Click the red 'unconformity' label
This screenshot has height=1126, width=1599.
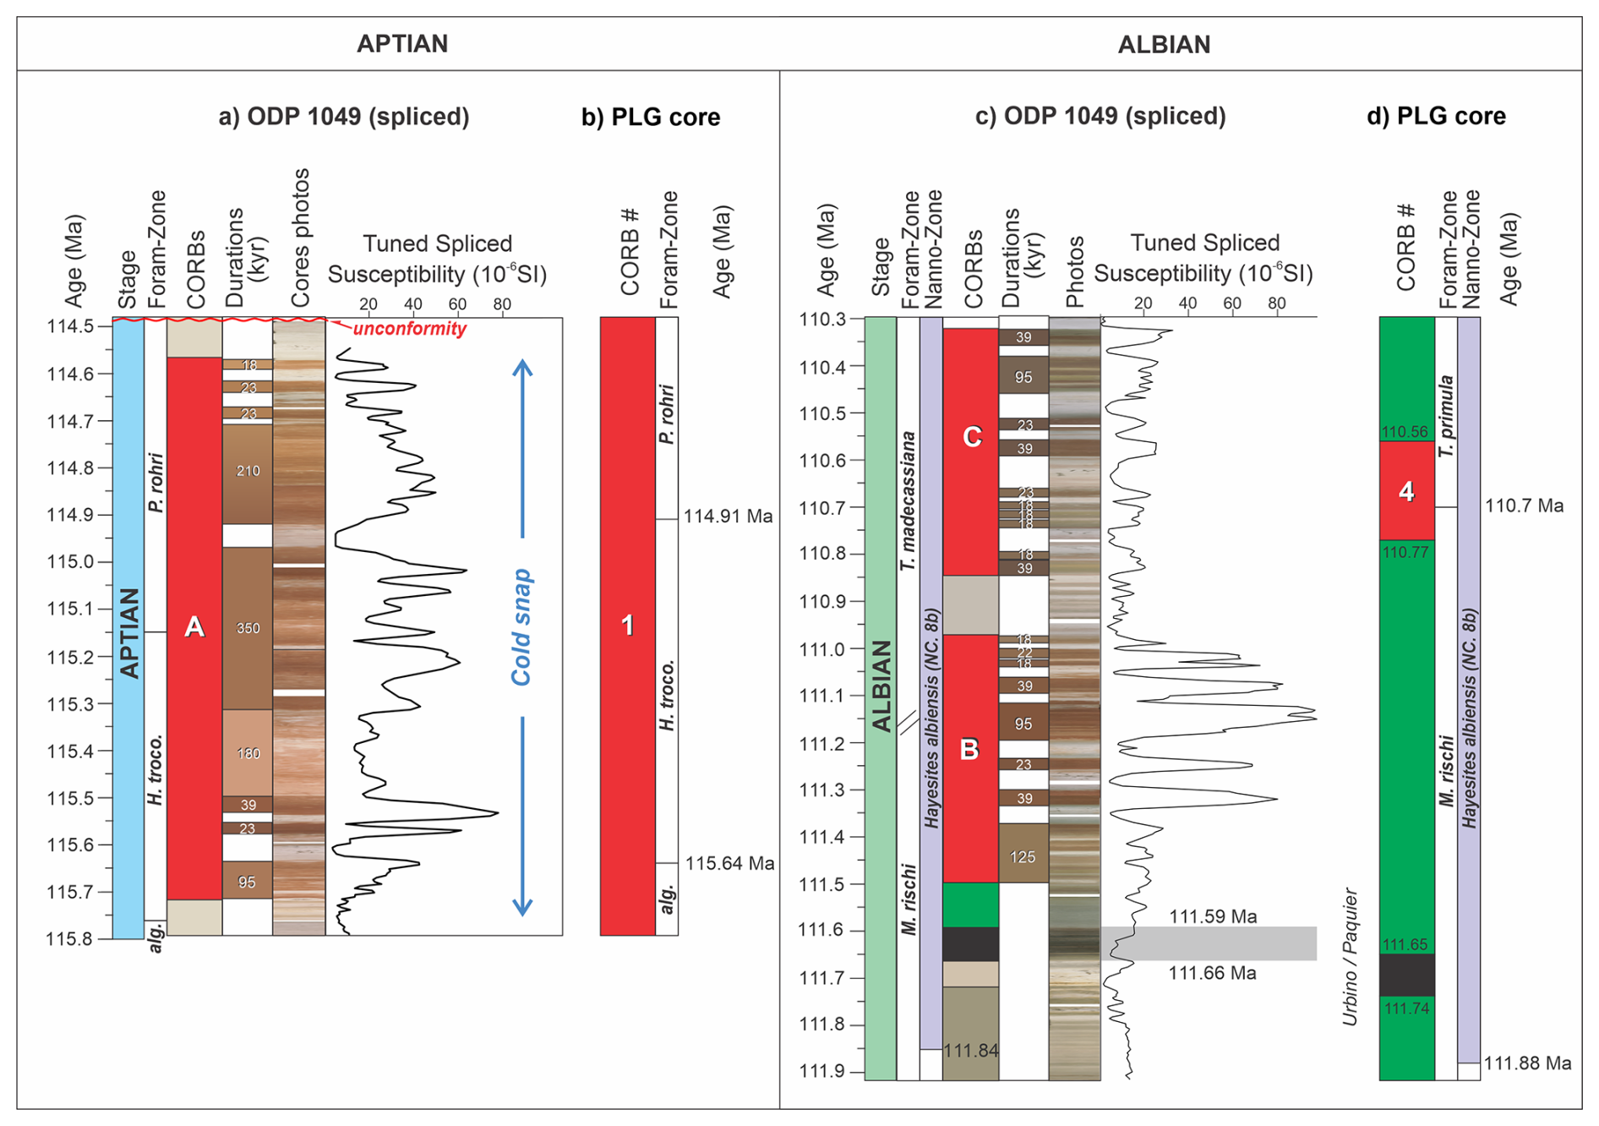click(410, 329)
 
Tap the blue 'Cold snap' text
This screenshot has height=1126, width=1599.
click(521, 627)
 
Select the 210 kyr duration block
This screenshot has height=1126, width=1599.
click(248, 471)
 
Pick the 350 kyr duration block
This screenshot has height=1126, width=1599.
click(248, 628)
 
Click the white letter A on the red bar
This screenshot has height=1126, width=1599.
click(194, 626)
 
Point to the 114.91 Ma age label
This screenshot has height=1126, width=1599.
click(728, 517)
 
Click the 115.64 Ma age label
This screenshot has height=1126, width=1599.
click(729, 864)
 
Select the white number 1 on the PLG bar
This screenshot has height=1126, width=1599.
click(627, 626)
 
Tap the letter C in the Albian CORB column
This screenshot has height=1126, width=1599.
click(972, 436)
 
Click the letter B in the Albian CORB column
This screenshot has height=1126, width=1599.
click(969, 750)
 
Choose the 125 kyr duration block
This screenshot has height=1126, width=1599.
click(1023, 857)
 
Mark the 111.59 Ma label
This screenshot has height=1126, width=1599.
click(1213, 916)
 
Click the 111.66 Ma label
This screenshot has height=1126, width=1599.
click(1212, 973)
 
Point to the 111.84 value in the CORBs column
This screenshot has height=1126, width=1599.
click(971, 1051)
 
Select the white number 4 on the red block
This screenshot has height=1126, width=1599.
click(1406, 491)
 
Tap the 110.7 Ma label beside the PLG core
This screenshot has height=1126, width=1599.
click(1524, 506)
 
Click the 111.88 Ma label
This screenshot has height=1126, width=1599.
click(1527, 1063)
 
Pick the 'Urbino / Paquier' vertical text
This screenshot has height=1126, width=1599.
click(1350, 957)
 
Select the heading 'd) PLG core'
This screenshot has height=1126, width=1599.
click(1436, 116)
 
